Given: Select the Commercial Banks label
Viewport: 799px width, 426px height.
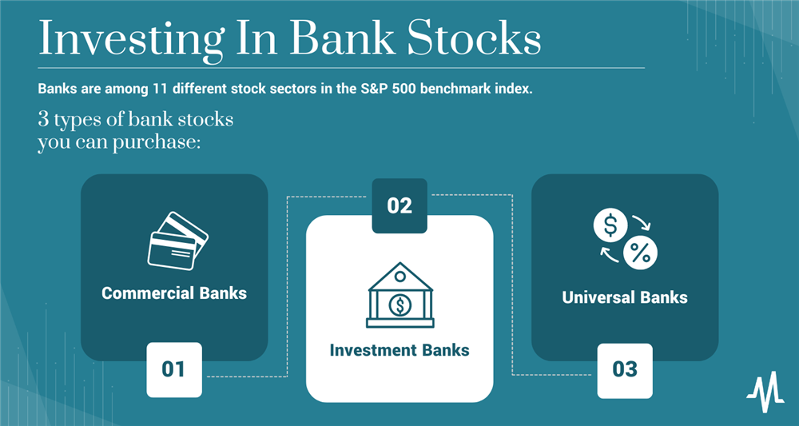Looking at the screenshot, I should coord(174,293).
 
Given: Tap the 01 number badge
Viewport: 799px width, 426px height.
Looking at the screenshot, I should coord(173,369).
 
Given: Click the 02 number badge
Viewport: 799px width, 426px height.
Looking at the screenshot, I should coord(399,205).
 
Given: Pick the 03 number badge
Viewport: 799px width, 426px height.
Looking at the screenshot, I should coord(625,369).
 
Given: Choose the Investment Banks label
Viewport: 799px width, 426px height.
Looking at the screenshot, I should coord(399,350).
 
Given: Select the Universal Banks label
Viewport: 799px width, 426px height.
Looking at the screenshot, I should coord(625,297).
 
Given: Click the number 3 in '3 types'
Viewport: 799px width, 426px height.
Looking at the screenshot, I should coord(43,122).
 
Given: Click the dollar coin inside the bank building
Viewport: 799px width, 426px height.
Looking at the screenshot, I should coord(399,304).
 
